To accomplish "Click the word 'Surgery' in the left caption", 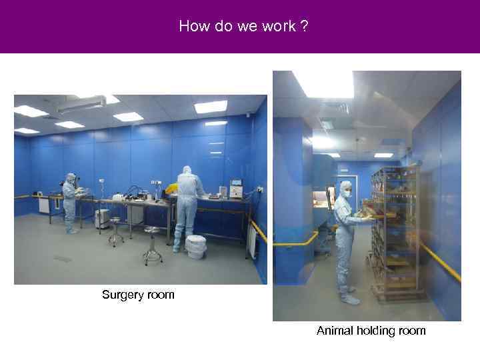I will (x=123, y=295).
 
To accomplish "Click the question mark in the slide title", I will (x=304, y=27).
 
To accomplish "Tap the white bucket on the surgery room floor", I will (x=195, y=246).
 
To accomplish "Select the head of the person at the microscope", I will (x=71, y=178).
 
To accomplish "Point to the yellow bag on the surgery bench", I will (x=172, y=189).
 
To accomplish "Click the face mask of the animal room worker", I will (x=347, y=193).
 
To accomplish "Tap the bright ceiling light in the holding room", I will (x=324, y=83).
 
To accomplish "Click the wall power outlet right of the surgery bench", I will (x=261, y=189).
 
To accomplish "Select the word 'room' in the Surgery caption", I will (x=160, y=295).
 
